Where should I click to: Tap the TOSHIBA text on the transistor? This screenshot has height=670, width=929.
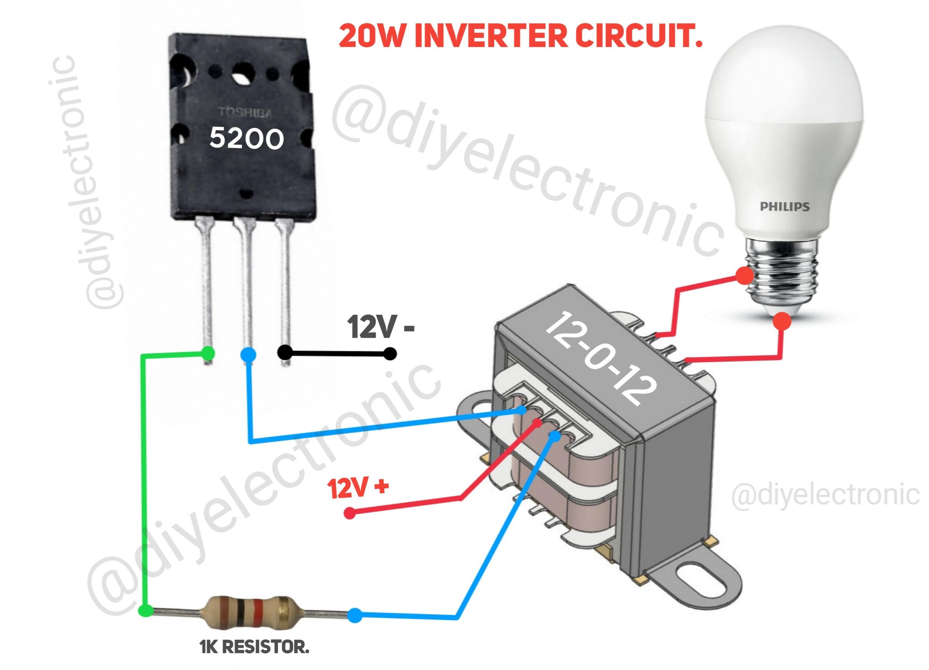[x=245, y=112]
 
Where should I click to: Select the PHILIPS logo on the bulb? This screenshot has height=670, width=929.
[x=784, y=206]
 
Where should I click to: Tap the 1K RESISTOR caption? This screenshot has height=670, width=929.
[x=254, y=648]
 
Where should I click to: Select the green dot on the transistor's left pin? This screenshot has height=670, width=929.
[x=208, y=353]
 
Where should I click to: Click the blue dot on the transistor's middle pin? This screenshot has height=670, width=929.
[x=248, y=354]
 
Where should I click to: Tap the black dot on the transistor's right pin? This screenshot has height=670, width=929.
[x=285, y=352]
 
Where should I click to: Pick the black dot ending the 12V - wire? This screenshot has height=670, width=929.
[x=390, y=354]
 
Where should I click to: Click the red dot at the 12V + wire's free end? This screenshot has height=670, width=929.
[x=350, y=513]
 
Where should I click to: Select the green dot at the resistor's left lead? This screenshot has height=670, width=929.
[x=145, y=611]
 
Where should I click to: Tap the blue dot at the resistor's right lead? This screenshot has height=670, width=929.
[x=355, y=615]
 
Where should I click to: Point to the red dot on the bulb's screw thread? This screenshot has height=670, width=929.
[x=744, y=276]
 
